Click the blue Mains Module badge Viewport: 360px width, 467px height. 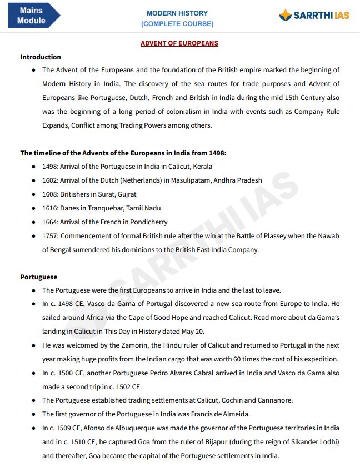coord(32,16)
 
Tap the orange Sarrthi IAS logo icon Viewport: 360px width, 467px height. coord(286,15)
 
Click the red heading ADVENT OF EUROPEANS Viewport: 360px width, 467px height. coord(179,43)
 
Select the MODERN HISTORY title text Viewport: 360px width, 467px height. coord(177,13)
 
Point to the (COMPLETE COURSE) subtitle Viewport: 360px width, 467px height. coord(177,24)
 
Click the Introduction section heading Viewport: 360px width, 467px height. coord(41,57)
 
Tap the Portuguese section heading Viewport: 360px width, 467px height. coord(39,277)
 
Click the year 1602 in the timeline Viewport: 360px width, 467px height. coord(49,180)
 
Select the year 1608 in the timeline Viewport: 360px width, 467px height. coord(49,194)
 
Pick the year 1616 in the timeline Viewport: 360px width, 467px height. coord(49,208)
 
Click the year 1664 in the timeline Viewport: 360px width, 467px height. coord(49,222)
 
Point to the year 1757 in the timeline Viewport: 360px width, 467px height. coord(49,236)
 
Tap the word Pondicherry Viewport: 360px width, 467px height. coord(147,222)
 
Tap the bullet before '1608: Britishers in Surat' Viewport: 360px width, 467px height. coord(34,194)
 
